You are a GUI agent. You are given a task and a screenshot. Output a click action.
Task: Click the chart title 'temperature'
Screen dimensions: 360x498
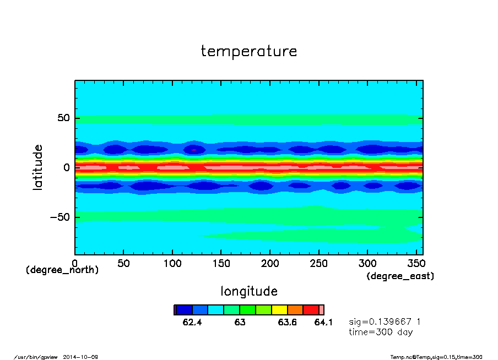pyautogui.click(x=249, y=52)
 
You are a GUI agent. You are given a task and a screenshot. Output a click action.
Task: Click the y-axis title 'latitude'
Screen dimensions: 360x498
pyautogui.click(x=38, y=167)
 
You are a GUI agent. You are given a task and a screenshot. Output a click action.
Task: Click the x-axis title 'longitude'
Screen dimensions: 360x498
pyautogui.click(x=249, y=291)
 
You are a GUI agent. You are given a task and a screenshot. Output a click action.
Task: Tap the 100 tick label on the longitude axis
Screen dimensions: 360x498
pyautogui.click(x=172, y=264)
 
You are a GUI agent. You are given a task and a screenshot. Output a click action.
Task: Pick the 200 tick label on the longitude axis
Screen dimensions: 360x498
pyautogui.click(x=270, y=264)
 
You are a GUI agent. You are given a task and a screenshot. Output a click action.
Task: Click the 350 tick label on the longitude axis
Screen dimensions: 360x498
pyautogui.click(x=416, y=264)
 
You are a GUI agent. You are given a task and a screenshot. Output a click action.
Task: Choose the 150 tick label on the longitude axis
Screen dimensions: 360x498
pyautogui.click(x=221, y=264)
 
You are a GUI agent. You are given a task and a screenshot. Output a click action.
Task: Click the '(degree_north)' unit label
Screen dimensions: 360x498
pyautogui.click(x=62, y=270)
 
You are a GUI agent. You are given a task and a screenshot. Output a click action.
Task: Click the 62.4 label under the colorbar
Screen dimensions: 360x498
pyautogui.click(x=192, y=323)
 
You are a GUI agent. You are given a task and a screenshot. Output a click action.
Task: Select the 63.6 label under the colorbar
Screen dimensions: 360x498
pyautogui.click(x=287, y=323)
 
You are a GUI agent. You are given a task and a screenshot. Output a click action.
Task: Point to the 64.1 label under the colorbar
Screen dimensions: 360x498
pyautogui.click(x=323, y=323)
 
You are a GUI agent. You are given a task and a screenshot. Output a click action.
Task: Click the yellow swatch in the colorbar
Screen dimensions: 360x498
pyautogui.click(x=279, y=310)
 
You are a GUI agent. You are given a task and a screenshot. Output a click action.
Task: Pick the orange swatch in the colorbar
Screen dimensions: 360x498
pyautogui.click(x=295, y=310)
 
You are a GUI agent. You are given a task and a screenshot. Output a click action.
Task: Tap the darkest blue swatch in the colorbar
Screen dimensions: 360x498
pyautogui.click(x=183, y=310)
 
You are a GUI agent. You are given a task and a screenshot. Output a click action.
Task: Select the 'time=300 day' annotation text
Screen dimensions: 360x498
pyautogui.click(x=381, y=332)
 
